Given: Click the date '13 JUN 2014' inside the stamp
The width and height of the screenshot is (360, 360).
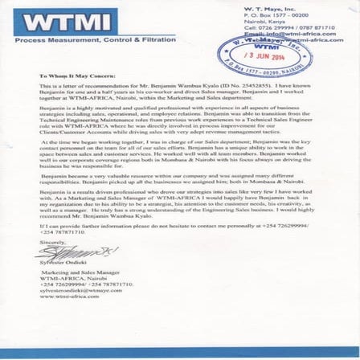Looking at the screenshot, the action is click(260, 57).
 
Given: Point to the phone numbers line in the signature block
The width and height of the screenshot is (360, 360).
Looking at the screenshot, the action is click(80, 284).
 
